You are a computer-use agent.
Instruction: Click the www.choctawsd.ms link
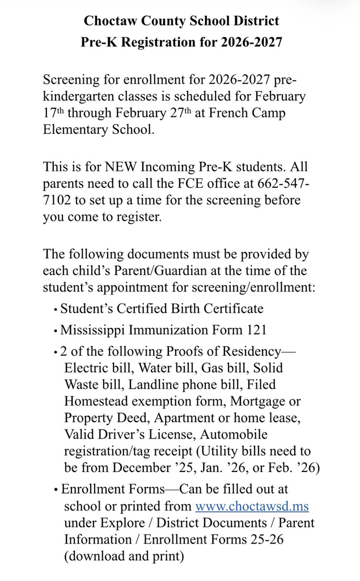252,506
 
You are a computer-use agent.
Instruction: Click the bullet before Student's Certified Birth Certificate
56,310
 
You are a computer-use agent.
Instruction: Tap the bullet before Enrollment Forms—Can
56,490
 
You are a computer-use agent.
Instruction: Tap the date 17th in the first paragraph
53,112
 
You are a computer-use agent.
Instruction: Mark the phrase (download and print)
124,556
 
